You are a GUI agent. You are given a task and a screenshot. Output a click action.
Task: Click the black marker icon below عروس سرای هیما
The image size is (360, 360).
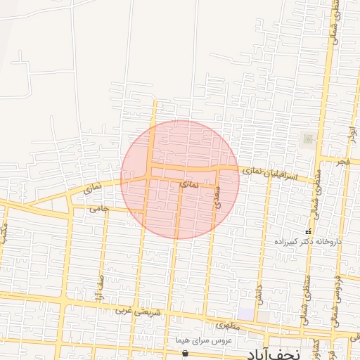[184, 353]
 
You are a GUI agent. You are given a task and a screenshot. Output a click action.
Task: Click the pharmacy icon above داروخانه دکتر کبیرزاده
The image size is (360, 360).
[307, 231]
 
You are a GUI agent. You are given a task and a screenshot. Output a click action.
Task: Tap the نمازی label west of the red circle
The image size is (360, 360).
[92, 188]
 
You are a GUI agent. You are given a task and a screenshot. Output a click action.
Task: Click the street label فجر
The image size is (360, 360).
[342, 162]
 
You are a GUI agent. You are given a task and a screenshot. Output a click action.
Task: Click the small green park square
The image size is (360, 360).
[307, 139]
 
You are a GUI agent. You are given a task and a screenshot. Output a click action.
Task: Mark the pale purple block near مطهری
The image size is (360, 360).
[245, 312]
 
